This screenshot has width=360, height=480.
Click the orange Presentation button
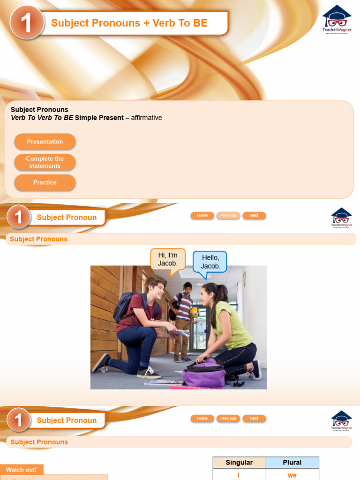[x=45, y=142]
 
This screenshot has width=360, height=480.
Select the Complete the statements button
[x=45, y=162]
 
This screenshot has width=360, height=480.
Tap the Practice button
[x=45, y=182]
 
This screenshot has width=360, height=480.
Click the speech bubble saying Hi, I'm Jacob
[x=168, y=260]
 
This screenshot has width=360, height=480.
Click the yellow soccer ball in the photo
[x=194, y=312]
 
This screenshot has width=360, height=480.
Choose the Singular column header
[x=239, y=463]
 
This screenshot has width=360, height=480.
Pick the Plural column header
[x=292, y=463]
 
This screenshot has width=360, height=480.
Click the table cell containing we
[x=292, y=475]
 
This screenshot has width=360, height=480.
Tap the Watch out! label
[x=22, y=470]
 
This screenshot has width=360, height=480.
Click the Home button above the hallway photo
[x=202, y=216]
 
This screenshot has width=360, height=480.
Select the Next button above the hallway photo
[x=254, y=216]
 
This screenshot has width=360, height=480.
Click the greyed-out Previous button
[x=228, y=216]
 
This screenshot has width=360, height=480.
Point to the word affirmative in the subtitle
[x=146, y=118]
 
